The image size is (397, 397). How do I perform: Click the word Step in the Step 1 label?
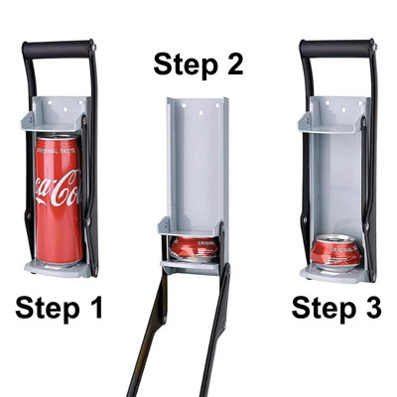[47, 309]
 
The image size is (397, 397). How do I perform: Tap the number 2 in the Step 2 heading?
[229, 66]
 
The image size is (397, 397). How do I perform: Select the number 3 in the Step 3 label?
[368, 309]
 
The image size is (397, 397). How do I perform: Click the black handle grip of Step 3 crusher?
[339, 48]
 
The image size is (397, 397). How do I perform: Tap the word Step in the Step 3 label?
[320, 309]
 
